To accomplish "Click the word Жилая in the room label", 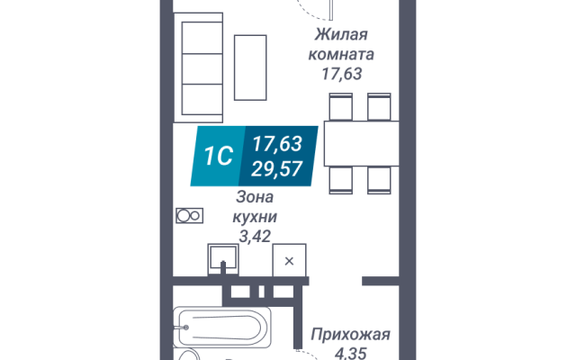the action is (341, 35).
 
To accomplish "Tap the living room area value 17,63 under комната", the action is (342, 74).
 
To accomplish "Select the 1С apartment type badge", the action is (218, 156).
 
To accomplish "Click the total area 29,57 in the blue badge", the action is (276, 168).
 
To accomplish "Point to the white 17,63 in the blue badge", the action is (277, 143).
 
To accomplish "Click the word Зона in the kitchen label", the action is (255, 197).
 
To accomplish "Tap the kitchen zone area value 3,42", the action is (255, 236).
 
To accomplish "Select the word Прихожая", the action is (350, 335).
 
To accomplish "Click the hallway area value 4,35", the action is (350, 354).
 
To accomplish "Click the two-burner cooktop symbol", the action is (190, 216).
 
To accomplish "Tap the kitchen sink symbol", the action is (223, 259).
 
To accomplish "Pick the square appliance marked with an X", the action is (289, 260).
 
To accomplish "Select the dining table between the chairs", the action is (362, 143).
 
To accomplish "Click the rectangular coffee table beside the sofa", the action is (250, 67).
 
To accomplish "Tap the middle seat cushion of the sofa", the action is (202, 68).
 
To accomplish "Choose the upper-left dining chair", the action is (341, 106).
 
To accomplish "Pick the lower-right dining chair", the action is (379, 180).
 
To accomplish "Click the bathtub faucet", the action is (181, 328).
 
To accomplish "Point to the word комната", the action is (341, 55).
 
